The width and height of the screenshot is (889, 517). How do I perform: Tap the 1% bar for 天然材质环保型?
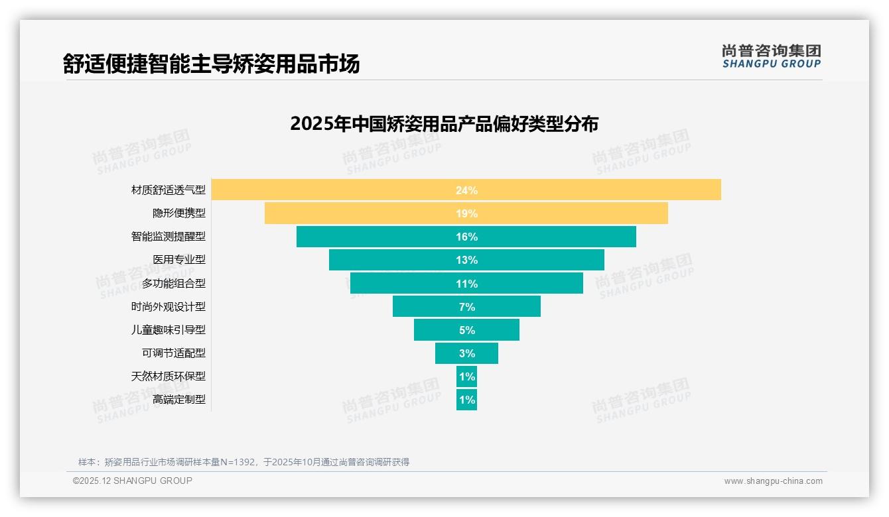click(466, 376)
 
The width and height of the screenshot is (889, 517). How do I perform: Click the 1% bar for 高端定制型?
click(466, 400)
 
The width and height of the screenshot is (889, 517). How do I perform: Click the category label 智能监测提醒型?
click(169, 237)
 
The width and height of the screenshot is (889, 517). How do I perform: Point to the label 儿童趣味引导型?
click(169, 329)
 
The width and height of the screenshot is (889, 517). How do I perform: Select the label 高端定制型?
click(179, 400)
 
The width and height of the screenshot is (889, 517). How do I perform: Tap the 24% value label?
click(466, 190)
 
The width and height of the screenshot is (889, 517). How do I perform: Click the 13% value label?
click(466, 260)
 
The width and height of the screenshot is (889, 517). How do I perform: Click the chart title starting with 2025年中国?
click(444, 124)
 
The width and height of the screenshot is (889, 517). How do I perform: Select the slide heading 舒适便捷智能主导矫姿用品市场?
click(211, 64)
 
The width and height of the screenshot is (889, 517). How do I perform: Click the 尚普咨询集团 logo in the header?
click(771, 56)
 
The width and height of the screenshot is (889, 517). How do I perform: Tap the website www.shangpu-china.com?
click(773, 481)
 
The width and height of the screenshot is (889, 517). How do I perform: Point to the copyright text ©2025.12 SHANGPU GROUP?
click(133, 481)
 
